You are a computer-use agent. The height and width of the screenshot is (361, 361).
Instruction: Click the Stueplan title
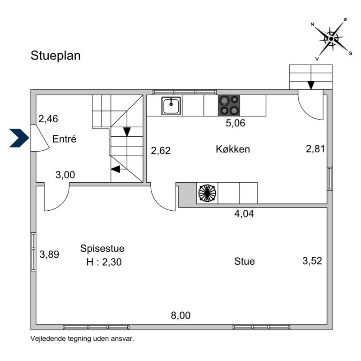click(x=56, y=56)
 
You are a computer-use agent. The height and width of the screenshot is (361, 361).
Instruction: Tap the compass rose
click(x=331, y=39)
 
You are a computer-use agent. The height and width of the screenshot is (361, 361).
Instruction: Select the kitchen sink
click(x=171, y=106)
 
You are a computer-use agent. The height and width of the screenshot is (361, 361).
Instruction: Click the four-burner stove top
click(x=229, y=106)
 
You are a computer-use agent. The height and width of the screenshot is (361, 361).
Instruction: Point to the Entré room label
click(x=64, y=139)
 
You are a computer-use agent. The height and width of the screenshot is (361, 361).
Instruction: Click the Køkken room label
click(x=233, y=149)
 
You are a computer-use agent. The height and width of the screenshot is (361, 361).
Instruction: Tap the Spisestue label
click(x=102, y=248)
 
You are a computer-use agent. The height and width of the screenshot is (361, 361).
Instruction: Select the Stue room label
click(x=245, y=261)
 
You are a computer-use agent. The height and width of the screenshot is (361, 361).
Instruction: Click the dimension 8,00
click(x=180, y=315)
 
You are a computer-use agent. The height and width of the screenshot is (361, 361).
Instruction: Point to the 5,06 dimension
click(x=235, y=123)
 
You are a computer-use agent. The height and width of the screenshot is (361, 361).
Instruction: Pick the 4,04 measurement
click(x=244, y=214)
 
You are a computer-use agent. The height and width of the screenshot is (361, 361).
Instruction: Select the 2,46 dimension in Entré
click(x=48, y=119)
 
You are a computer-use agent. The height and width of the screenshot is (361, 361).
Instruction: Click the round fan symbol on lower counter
click(x=207, y=193)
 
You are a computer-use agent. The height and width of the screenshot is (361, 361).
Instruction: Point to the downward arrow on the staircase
click(x=127, y=131)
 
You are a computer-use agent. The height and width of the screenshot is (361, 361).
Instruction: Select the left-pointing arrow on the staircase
click(x=116, y=169)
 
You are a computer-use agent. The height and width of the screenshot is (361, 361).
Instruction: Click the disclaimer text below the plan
click(x=82, y=338)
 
